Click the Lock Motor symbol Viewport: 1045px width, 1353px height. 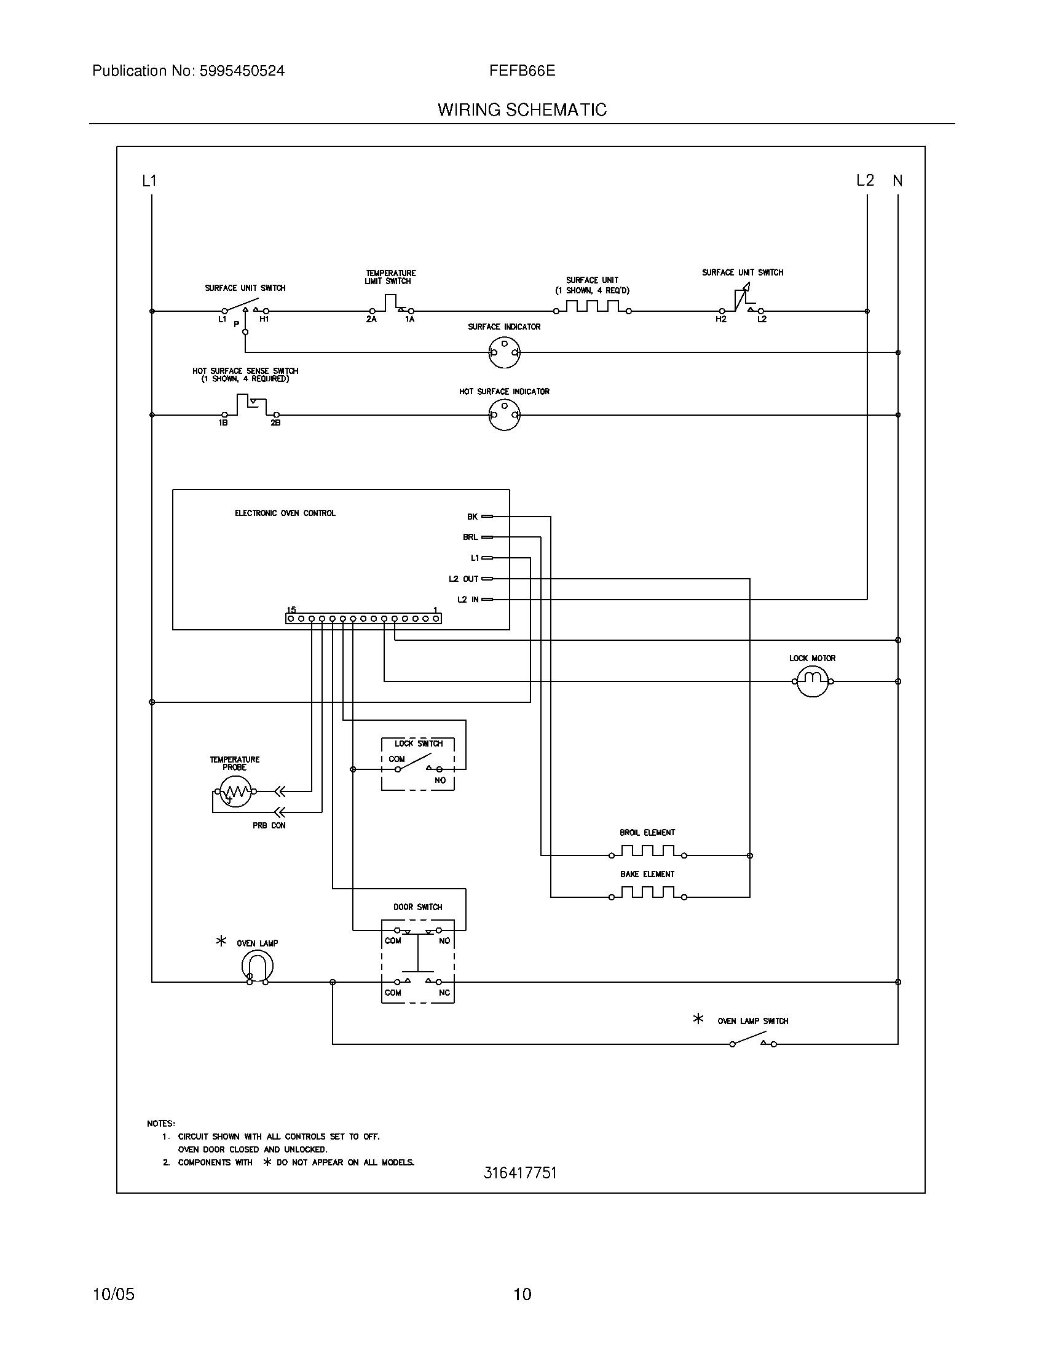click(x=811, y=681)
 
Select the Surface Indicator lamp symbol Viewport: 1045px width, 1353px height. click(x=505, y=352)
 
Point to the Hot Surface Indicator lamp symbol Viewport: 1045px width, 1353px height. click(x=505, y=415)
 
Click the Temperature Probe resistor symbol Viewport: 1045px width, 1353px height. click(x=234, y=792)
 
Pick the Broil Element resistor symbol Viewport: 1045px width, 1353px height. click(x=647, y=851)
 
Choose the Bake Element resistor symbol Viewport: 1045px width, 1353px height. click(x=647, y=893)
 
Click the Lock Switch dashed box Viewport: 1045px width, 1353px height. click(x=418, y=764)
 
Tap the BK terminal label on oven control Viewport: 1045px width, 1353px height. click(x=472, y=517)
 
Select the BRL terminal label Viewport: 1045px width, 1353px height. click(x=470, y=537)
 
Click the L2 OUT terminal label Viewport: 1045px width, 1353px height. click(x=463, y=579)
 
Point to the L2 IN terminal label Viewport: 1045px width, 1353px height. click(x=467, y=600)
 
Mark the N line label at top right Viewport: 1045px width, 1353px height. click(x=897, y=181)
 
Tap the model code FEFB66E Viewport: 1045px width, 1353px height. click(x=522, y=71)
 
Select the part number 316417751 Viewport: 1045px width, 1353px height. click(x=520, y=1173)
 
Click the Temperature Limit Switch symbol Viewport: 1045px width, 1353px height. click(x=390, y=304)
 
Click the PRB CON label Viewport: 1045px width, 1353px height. click(x=269, y=826)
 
